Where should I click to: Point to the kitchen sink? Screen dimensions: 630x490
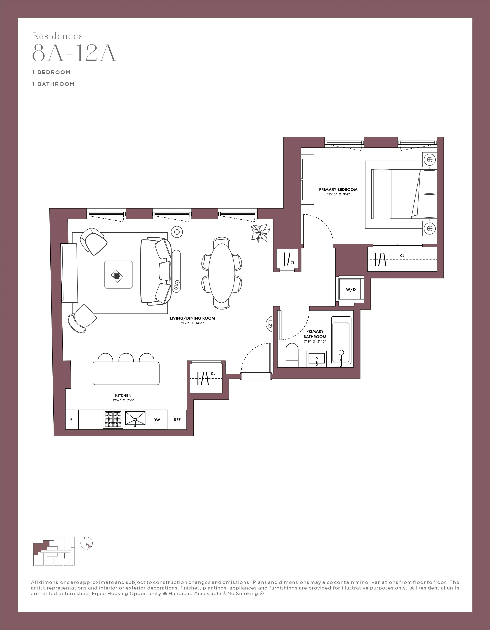pos(135,419)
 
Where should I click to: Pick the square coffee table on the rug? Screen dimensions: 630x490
pos(118,274)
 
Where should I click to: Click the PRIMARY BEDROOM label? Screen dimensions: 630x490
pos(338,189)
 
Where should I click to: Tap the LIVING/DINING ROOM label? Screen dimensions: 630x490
pos(192,318)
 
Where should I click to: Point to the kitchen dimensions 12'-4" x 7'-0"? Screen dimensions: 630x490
pos(123,400)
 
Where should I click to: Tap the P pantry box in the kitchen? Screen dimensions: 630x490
pos(71,419)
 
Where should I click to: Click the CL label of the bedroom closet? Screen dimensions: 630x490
pos(402,256)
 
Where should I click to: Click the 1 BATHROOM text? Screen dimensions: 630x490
pos(53,84)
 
